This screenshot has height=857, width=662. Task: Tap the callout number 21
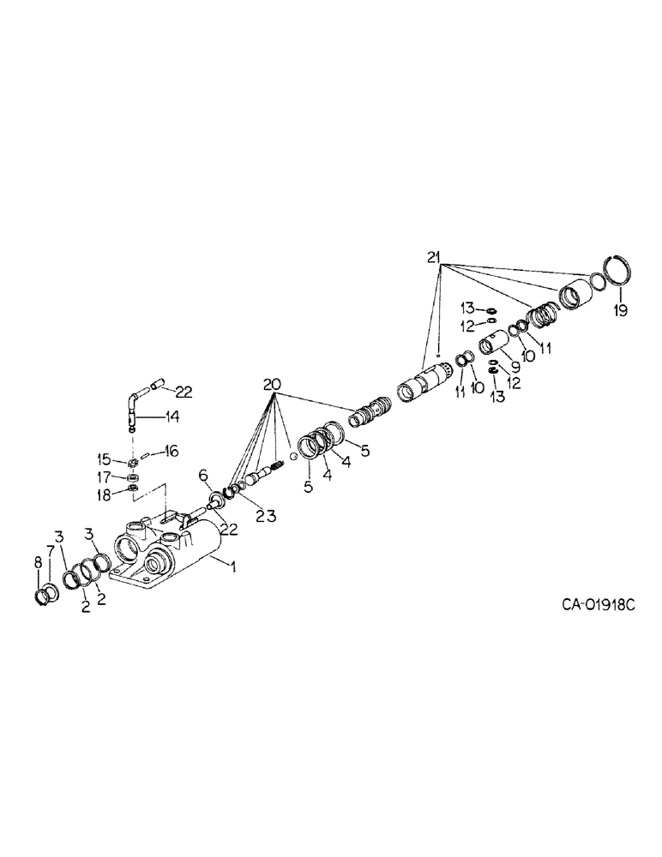(436, 256)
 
